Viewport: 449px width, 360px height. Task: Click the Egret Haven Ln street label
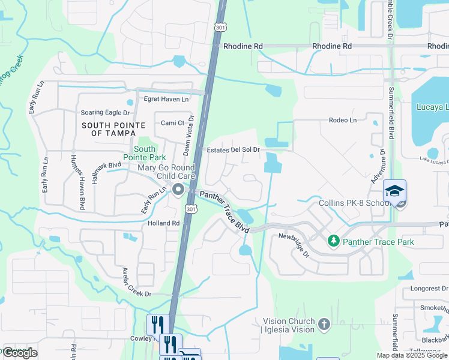click(166, 99)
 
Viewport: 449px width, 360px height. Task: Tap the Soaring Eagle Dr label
click(105, 113)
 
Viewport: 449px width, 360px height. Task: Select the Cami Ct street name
click(172, 123)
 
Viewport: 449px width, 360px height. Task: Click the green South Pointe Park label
click(145, 153)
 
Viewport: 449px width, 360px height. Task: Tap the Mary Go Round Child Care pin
click(178, 190)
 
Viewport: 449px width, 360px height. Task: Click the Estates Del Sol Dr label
click(234, 150)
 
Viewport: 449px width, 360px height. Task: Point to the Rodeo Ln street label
click(343, 120)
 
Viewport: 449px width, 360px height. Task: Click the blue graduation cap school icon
click(394, 191)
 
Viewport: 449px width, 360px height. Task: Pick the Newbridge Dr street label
click(294, 244)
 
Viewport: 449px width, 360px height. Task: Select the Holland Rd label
click(164, 223)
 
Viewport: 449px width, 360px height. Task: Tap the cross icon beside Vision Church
click(324, 325)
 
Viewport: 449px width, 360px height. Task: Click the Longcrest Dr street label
click(429, 288)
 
